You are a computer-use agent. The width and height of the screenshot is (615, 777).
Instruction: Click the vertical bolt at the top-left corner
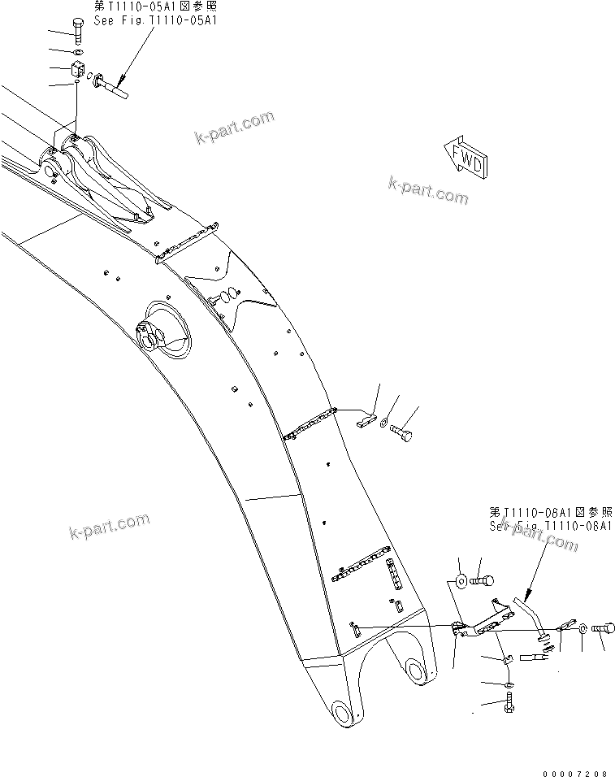[x=78, y=31]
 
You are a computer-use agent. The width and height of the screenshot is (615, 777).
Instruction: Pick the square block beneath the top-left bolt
[x=78, y=67]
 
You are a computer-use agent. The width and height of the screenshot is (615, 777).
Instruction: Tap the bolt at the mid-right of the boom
[x=401, y=435]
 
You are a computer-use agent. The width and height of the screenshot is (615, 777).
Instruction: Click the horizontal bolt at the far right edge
[x=601, y=628]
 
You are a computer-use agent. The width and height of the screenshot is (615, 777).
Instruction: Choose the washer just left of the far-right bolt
[x=583, y=628]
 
